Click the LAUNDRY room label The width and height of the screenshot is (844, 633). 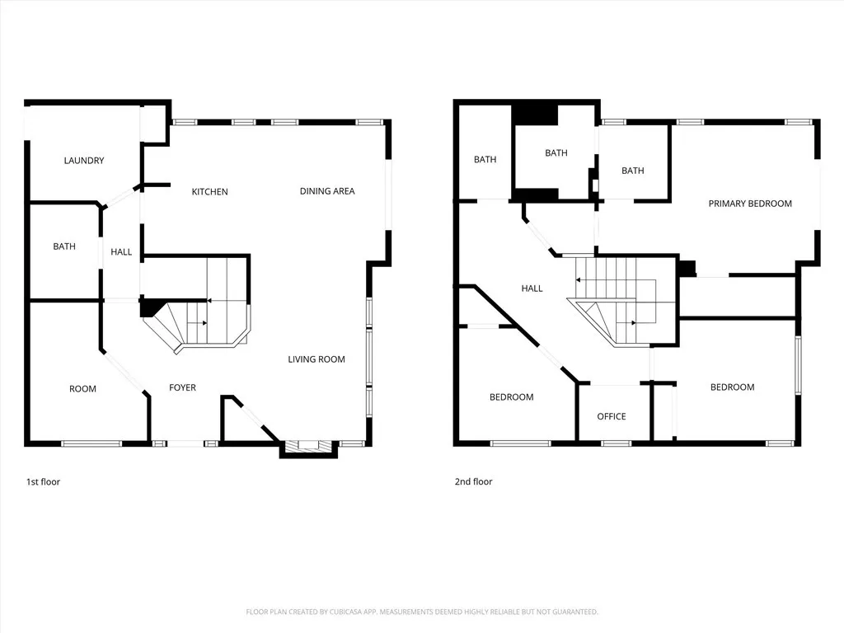84,161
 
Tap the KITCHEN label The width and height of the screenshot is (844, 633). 209,192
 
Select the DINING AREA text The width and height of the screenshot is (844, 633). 327,191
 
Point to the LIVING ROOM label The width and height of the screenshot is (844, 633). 316,359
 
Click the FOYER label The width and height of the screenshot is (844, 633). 182,387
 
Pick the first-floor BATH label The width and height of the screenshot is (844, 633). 64,246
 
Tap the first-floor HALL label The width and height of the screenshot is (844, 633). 121,252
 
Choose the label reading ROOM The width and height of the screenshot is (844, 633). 82,389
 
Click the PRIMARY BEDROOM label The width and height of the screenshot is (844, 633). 750,204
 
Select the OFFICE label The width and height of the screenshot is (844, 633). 612,416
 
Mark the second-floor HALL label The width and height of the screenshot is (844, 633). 532,288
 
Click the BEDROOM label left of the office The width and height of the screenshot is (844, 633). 511,397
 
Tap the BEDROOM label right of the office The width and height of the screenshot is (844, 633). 732,387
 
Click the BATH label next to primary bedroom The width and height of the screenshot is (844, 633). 633,171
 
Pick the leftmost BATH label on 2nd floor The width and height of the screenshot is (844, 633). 485,160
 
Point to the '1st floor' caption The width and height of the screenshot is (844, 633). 43,481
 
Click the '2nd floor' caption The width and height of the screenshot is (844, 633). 473,481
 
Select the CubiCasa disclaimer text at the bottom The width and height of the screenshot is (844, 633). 422,612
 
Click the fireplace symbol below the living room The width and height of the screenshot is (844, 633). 309,446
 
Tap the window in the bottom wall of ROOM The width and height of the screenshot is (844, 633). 91,443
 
